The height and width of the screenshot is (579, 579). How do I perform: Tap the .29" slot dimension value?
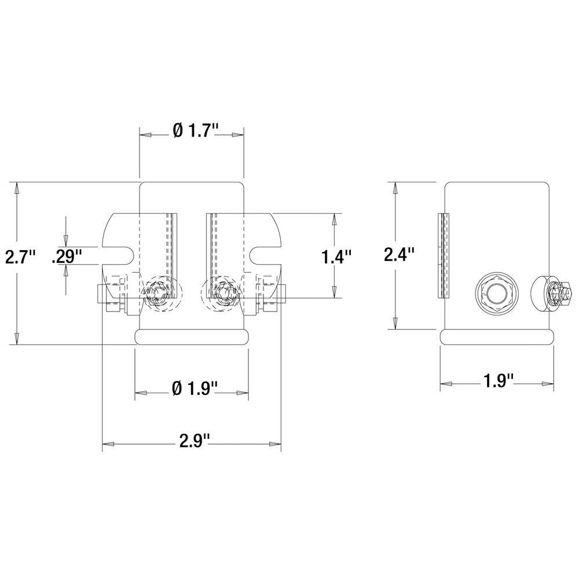pyautogui.click(x=67, y=256)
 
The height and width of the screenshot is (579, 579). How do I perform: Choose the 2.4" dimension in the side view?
pyautogui.click(x=400, y=255)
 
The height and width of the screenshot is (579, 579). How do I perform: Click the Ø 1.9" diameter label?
pyautogui.click(x=194, y=389)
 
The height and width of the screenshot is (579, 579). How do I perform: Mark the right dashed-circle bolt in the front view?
pyautogui.click(x=223, y=294)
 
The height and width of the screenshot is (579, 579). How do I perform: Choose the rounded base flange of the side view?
pyautogui.click(x=497, y=336)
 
